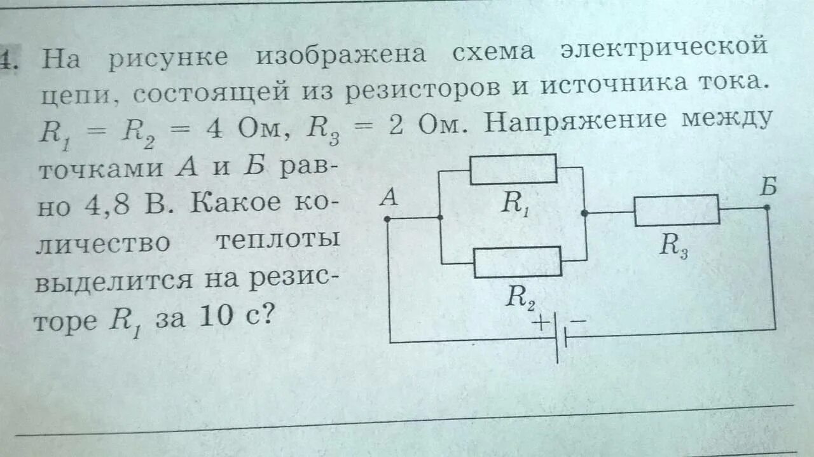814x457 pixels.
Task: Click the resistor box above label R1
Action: (x=513, y=169)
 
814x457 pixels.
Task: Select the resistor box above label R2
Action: (x=518, y=262)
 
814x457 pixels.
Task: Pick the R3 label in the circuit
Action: (x=673, y=245)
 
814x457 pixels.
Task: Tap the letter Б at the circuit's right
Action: (x=768, y=188)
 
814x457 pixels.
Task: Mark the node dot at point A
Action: (x=387, y=218)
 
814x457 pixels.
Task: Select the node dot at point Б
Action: (x=767, y=207)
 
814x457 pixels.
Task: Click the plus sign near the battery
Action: (x=540, y=323)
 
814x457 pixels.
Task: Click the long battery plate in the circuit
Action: (x=556, y=337)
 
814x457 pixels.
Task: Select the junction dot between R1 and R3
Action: (x=584, y=214)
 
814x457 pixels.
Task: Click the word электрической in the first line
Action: (x=664, y=50)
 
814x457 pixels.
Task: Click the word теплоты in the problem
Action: (x=277, y=240)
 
